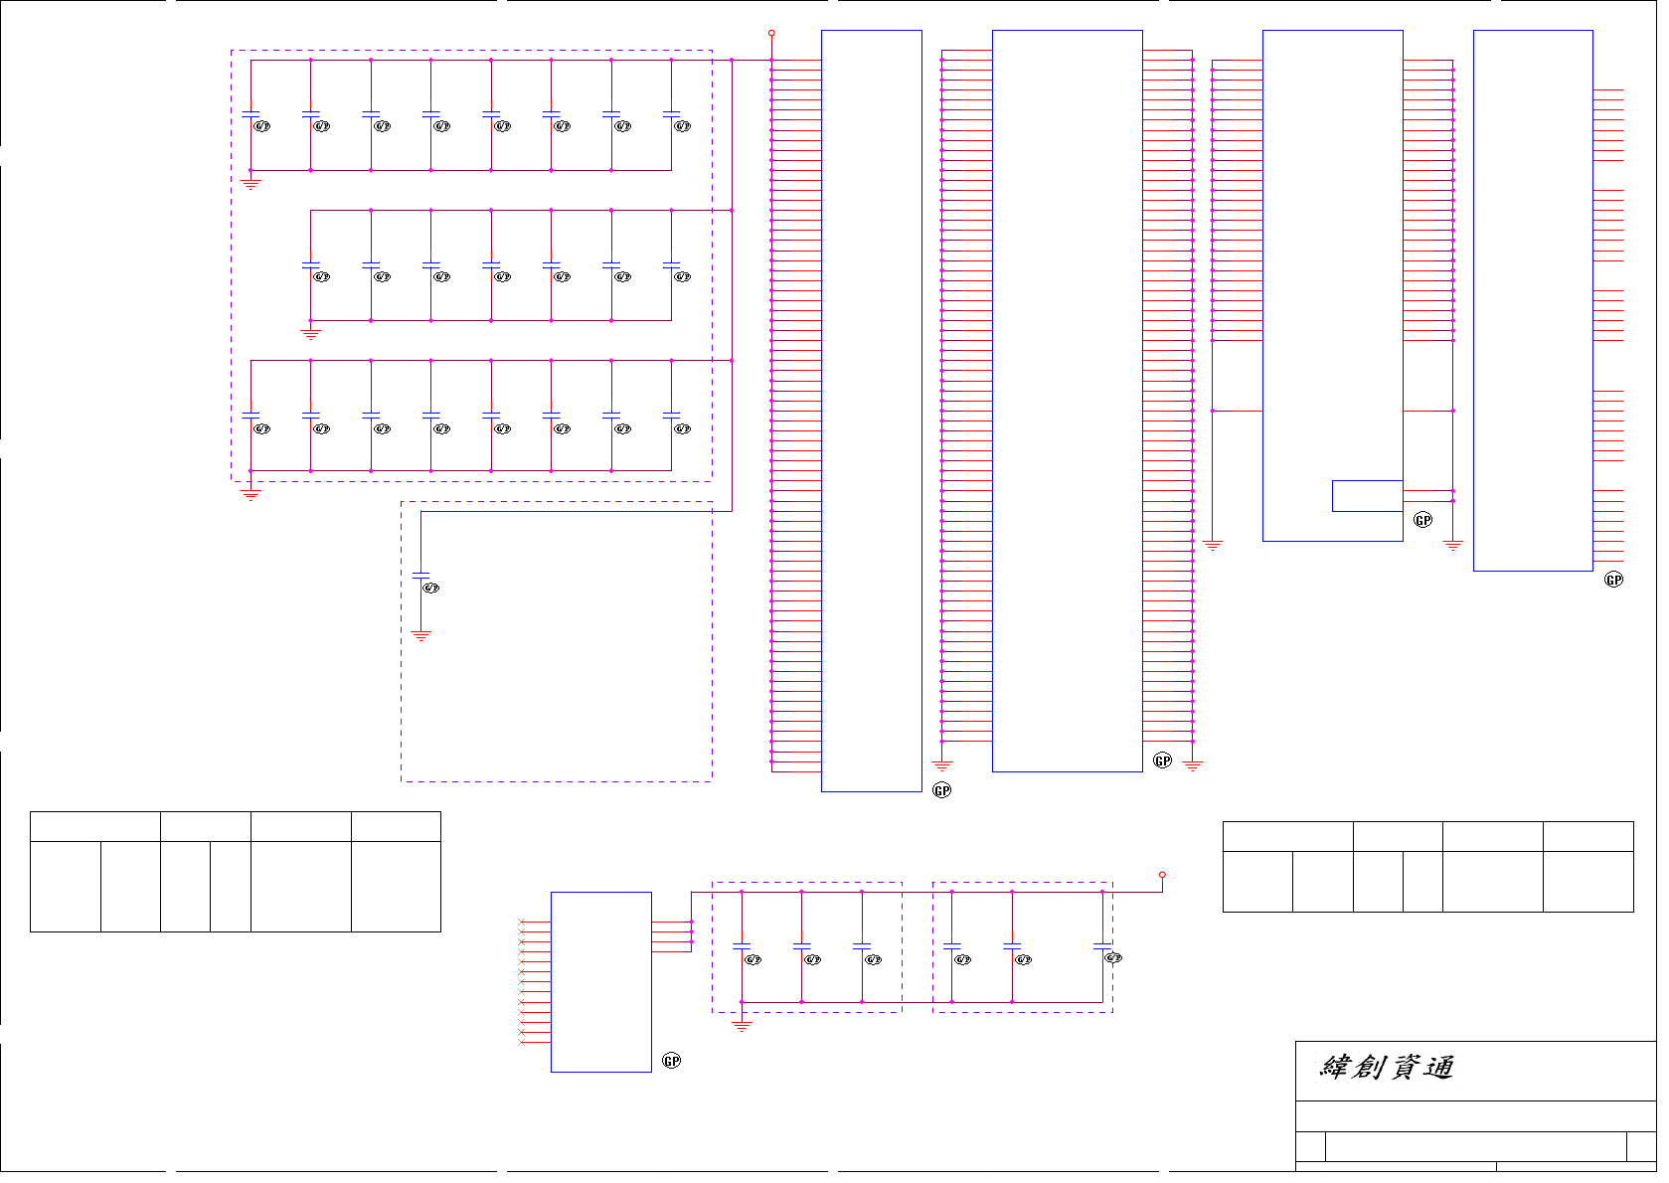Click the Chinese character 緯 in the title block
click(x=1334, y=1068)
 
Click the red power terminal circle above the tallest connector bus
click(x=771, y=33)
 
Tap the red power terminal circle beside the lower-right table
click(x=1162, y=875)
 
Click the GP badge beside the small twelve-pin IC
click(x=672, y=1061)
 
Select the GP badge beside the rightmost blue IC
click(x=1613, y=580)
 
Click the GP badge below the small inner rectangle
click(x=1422, y=520)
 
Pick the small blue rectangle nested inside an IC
click(x=1367, y=496)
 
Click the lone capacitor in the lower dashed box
click(x=420, y=576)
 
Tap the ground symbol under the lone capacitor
click(x=421, y=635)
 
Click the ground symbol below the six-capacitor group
click(x=742, y=1025)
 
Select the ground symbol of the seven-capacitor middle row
click(x=311, y=334)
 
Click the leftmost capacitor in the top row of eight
click(x=250, y=114)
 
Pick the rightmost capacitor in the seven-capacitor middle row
click(x=671, y=265)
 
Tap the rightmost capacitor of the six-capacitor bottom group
click(x=1102, y=944)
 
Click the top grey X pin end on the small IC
click(x=522, y=923)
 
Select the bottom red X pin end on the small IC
click(x=522, y=1043)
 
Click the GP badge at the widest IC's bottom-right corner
click(x=1162, y=760)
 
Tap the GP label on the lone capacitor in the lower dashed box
click(x=430, y=588)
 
